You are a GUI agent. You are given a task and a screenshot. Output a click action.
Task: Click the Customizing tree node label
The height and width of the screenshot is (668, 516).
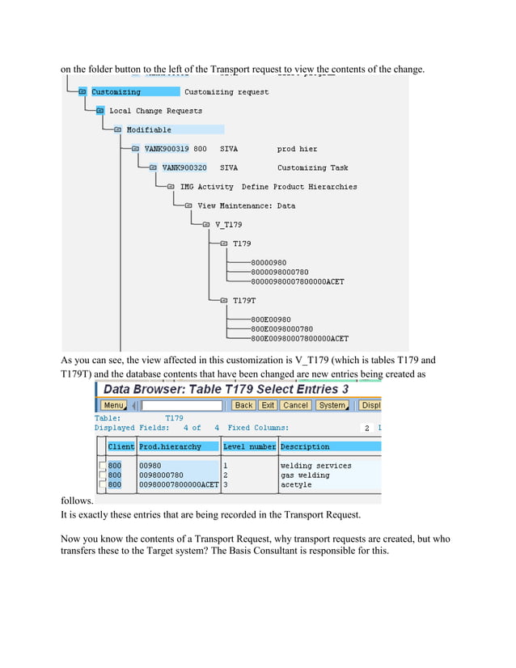click(x=116, y=92)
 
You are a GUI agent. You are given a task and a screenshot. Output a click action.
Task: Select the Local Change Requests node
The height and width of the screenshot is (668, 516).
click(x=155, y=111)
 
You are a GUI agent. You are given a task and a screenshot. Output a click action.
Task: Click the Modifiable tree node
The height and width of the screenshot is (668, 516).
click(x=149, y=129)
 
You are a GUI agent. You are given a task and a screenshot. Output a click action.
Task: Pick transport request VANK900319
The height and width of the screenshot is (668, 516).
click(x=166, y=149)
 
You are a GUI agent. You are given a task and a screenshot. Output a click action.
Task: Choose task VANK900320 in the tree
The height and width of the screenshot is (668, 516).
click(x=184, y=167)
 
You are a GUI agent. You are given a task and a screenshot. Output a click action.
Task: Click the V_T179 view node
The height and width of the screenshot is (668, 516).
click(x=228, y=224)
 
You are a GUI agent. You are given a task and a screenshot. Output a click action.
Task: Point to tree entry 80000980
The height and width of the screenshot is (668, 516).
click(x=269, y=262)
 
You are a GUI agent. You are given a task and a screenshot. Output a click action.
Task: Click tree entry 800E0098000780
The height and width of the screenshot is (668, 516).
click(x=282, y=329)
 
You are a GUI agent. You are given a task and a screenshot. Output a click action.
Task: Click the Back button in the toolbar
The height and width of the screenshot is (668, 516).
click(x=243, y=405)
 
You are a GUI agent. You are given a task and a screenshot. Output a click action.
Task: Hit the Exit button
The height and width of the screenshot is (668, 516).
click(x=267, y=405)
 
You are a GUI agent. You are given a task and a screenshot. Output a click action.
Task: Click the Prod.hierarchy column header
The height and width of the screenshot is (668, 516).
click(x=170, y=446)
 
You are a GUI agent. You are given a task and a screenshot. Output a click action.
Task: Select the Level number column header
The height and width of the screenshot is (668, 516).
click(x=249, y=446)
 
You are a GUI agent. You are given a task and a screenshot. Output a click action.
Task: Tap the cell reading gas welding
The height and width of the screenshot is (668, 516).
click(x=305, y=476)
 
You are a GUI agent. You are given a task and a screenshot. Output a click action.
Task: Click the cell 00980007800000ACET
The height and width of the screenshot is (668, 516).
click(x=179, y=485)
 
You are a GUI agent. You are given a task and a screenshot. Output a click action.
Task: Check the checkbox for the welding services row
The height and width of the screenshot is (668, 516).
click(x=102, y=466)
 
